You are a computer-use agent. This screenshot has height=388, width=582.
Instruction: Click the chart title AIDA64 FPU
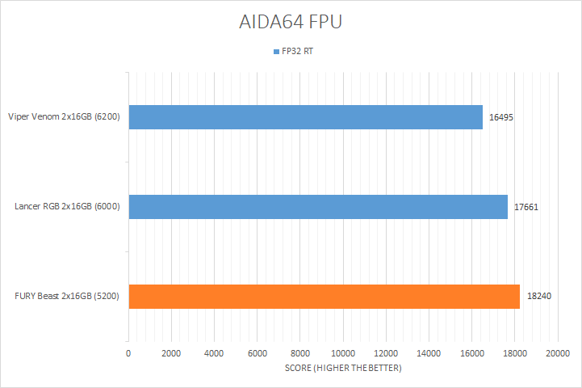[x=291, y=22]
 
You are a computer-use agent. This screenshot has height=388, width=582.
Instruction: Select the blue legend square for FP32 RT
[x=276, y=51]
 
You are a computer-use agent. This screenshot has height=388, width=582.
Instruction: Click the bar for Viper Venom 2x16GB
[x=305, y=117]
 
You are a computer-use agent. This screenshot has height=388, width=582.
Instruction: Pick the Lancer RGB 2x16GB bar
[x=317, y=207]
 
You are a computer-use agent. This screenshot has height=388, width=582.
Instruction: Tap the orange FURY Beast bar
[x=324, y=296]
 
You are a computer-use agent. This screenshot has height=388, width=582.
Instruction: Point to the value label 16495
[x=501, y=117]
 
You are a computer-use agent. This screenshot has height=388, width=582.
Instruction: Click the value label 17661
[x=526, y=207]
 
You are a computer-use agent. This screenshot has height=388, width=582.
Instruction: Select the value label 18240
[x=539, y=296]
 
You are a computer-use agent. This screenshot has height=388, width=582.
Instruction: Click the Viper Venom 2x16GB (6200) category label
[x=64, y=117]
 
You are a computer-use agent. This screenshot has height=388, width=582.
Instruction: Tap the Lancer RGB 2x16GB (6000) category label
[x=67, y=207]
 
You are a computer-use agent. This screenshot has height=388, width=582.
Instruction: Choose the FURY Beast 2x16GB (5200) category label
[x=68, y=296]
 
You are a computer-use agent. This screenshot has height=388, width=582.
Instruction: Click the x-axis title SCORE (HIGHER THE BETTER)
[x=343, y=369]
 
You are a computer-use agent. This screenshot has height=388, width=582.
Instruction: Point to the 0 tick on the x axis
[x=128, y=354]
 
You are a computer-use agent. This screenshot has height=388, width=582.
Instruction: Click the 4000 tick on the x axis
[x=214, y=354]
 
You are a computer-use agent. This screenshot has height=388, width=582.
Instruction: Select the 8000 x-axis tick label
[x=300, y=354]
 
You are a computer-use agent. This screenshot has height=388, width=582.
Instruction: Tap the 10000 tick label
[x=343, y=354]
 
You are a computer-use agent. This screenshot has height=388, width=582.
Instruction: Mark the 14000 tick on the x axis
[x=429, y=354]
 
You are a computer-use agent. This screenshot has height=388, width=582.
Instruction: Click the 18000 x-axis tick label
[x=515, y=354]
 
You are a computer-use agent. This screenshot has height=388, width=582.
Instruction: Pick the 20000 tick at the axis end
[x=558, y=354]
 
